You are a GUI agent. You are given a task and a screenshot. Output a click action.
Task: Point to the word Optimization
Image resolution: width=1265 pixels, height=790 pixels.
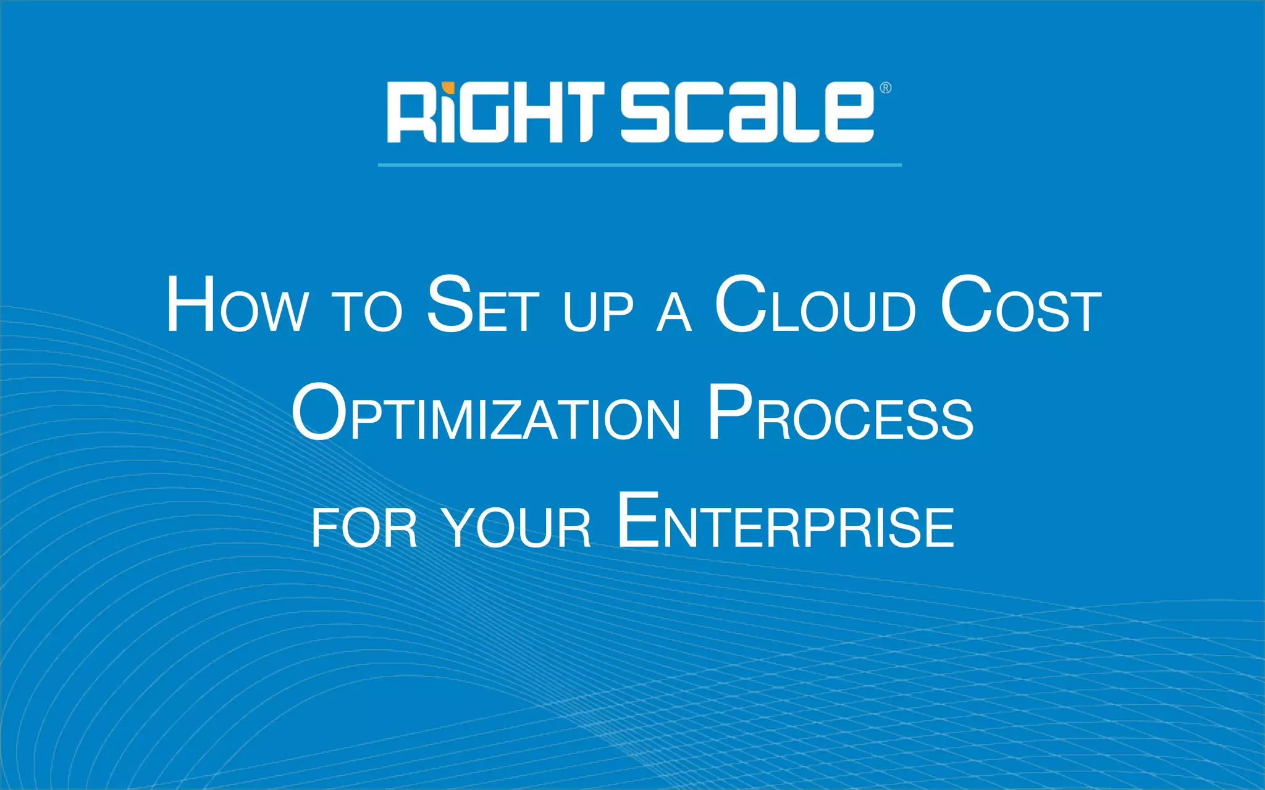click(486, 414)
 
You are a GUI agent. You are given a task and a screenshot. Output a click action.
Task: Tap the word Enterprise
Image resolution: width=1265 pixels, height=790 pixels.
click(786, 522)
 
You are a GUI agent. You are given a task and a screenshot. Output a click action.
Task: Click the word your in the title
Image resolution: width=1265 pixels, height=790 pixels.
click(518, 528)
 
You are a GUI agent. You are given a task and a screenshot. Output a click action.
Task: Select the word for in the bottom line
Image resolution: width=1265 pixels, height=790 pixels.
click(364, 528)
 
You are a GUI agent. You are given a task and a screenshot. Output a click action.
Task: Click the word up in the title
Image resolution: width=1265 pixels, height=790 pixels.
click(598, 312)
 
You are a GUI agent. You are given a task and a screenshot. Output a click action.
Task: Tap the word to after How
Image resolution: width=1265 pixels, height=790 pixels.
click(367, 312)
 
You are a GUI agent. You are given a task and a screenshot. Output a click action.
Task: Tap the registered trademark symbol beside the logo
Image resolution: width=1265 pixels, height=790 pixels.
click(885, 88)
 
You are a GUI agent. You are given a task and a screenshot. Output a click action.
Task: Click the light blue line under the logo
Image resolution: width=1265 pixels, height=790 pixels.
click(639, 165)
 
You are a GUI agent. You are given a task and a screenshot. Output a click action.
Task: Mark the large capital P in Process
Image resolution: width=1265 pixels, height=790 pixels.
click(729, 412)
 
